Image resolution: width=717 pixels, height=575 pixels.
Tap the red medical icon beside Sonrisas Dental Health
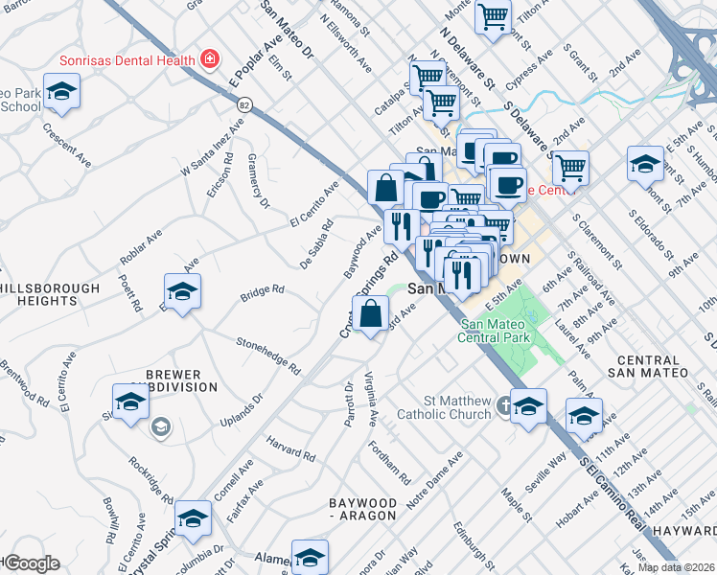(x=208, y=59)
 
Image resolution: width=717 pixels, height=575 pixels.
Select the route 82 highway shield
(x=245, y=104)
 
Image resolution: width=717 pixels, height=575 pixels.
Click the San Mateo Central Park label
(x=496, y=331)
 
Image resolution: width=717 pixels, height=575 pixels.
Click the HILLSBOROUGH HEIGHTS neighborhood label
(x=50, y=294)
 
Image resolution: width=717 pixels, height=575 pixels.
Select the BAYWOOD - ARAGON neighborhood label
(x=362, y=509)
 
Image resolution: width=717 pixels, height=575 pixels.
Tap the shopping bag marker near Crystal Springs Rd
(x=370, y=313)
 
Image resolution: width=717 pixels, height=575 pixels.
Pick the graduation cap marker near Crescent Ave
(x=61, y=92)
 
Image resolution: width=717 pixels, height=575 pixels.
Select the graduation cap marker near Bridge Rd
(x=182, y=290)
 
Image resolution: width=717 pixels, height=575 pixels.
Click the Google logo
(x=31, y=563)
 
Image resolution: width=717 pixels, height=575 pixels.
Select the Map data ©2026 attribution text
(x=675, y=567)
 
